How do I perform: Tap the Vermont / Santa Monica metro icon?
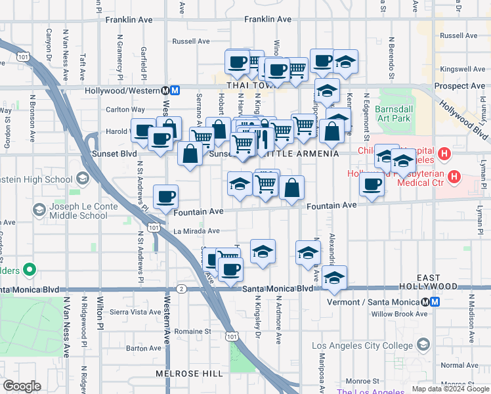tap(426, 302)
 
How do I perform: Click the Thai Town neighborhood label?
tap(249, 85)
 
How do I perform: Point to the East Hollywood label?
tap(437, 282)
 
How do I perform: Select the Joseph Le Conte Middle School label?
tap(75, 210)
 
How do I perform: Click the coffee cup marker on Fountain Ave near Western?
tap(165, 196)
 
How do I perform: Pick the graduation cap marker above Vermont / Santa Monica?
tap(334, 277)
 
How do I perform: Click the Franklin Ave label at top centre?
tap(268, 20)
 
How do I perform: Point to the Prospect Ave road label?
tap(459, 86)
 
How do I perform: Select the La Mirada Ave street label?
tap(196, 231)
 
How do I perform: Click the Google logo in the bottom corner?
tap(22, 386)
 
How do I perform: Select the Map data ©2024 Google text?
tap(450, 389)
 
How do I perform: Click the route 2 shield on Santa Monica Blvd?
tap(181, 289)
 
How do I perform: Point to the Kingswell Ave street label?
tap(461, 69)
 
